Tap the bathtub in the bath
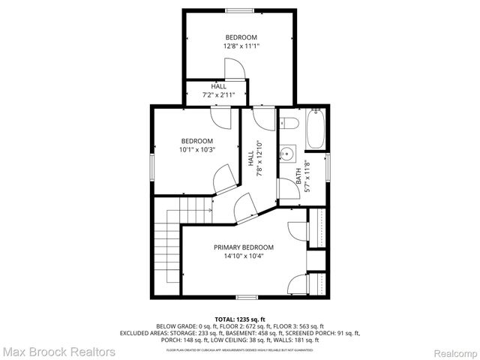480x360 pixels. point(316,130)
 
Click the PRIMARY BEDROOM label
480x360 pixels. point(243,247)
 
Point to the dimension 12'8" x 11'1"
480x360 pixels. point(241,46)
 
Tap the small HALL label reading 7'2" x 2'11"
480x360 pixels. point(218,95)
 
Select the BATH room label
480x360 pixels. point(298,177)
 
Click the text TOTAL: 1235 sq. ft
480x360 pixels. point(240,319)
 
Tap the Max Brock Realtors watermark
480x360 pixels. point(58,351)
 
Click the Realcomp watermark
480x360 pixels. point(452,352)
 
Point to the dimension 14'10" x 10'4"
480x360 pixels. point(243,256)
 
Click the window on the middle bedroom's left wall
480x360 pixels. point(151,166)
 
